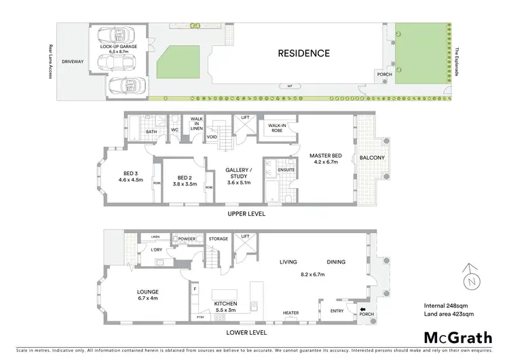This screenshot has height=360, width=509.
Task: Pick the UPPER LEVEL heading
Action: [246, 215]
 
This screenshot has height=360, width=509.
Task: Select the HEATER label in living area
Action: [290, 313]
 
